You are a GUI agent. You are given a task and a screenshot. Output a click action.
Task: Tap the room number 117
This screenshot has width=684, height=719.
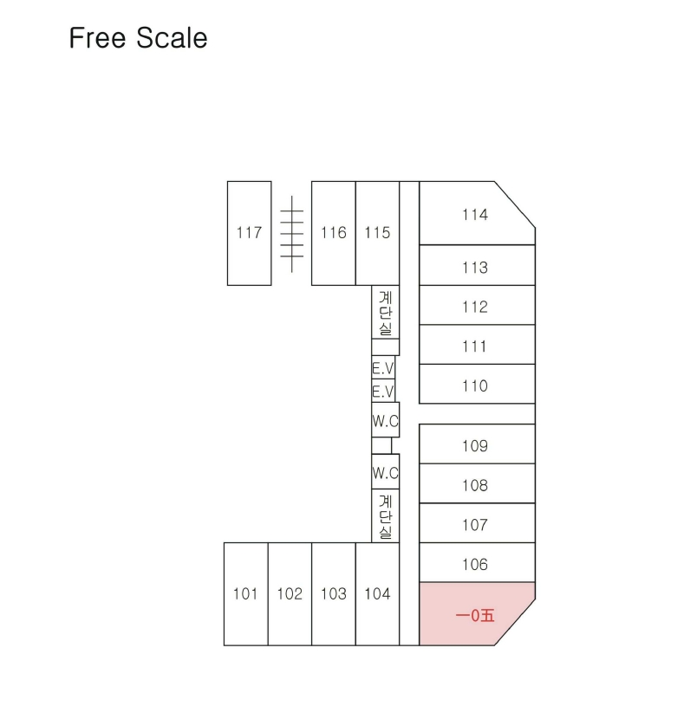pyautogui.click(x=249, y=233)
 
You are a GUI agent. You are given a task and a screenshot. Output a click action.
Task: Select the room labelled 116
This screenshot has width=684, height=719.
pyautogui.click(x=334, y=233)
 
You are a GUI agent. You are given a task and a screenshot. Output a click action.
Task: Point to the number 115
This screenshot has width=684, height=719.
pyautogui.click(x=377, y=233)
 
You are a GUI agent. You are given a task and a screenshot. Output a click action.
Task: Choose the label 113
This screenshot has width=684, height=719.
pyautogui.click(x=475, y=268)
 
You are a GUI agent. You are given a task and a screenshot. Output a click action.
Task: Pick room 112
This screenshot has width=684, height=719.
pyautogui.click(x=477, y=305)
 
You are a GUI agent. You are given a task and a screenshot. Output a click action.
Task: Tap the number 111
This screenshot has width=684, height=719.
pyautogui.click(x=475, y=347)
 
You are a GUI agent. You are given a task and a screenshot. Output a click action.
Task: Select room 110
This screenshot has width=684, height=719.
pyautogui.click(x=477, y=384)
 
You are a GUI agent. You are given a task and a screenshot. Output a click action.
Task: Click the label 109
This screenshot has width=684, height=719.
pyautogui.click(x=475, y=446)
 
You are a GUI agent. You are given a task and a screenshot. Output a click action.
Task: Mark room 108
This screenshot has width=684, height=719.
pyautogui.click(x=477, y=483)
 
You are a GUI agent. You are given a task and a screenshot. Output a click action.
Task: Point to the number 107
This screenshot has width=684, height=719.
pyautogui.click(x=475, y=525)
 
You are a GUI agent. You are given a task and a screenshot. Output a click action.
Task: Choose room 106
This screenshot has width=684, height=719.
pyautogui.click(x=477, y=562)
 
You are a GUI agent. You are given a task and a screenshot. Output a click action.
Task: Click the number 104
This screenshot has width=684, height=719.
pyautogui.click(x=377, y=594)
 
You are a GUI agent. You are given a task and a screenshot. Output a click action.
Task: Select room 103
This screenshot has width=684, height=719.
pyautogui.click(x=334, y=594)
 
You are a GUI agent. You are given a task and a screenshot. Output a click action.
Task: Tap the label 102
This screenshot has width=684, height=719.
pyautogui.click(x=290, y=594)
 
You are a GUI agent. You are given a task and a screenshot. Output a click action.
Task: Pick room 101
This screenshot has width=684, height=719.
pyautogui.click(x=246, y=594)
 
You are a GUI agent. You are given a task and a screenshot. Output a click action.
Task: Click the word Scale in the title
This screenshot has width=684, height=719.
pyautogui.click(x=172, y=37)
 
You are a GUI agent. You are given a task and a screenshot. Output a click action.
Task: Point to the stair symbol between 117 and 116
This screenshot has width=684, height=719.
pyautogui.click(x=292, y=234)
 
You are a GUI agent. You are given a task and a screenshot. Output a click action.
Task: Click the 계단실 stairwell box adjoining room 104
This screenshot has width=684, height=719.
pyautogui.click(x=386, y=516)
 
